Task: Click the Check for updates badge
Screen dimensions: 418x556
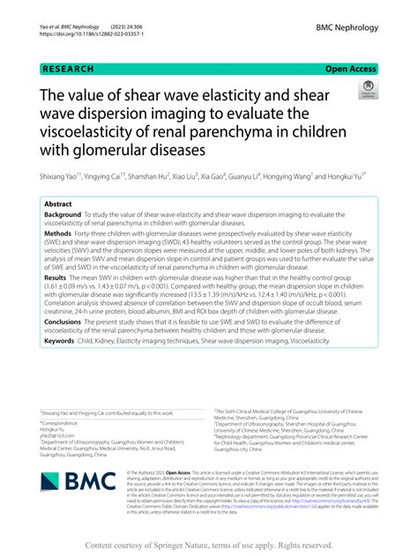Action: point(367,89)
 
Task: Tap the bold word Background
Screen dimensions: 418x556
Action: point(63,214)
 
